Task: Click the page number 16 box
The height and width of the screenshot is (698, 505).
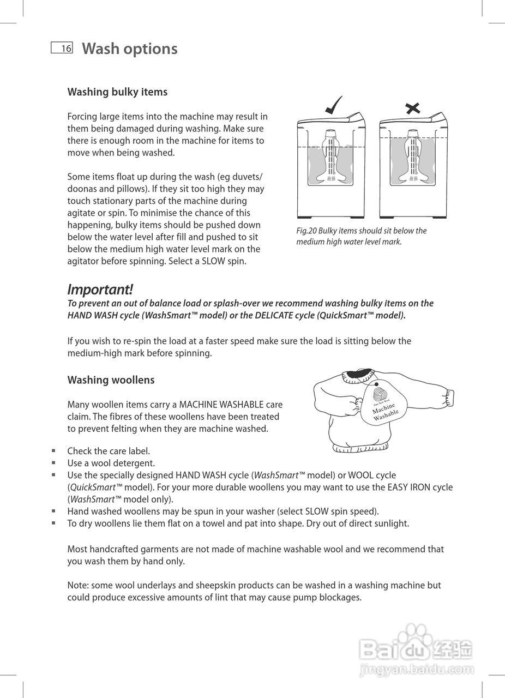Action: pos(62,49)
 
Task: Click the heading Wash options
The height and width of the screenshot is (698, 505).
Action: pos(129,49)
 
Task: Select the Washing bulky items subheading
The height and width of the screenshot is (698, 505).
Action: pos(117,92)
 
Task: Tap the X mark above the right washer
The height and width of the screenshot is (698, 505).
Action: pos(413,108)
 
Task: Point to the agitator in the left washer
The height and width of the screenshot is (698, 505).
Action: pos(330,158)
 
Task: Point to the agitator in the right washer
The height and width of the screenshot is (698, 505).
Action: pos(413,158)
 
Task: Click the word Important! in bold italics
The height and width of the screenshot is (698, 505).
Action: pos(100,289)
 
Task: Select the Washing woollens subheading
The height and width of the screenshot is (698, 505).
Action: pos(111,380)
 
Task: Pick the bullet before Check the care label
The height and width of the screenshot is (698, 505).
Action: pos(53,451)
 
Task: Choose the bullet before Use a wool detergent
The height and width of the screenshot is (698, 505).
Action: pos(53,463)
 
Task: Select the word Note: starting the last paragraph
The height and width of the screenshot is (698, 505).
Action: pos(78,585)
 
